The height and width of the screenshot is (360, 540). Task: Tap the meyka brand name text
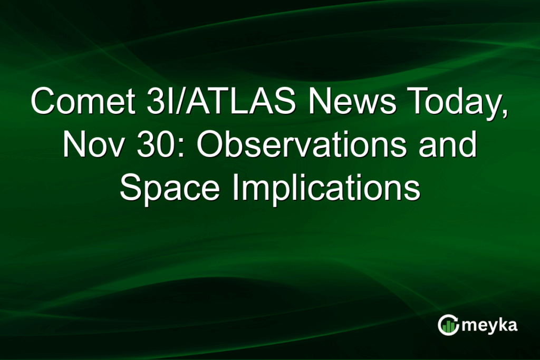[x=489, y=325]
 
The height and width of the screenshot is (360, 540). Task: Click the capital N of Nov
[x=73, y=145]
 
